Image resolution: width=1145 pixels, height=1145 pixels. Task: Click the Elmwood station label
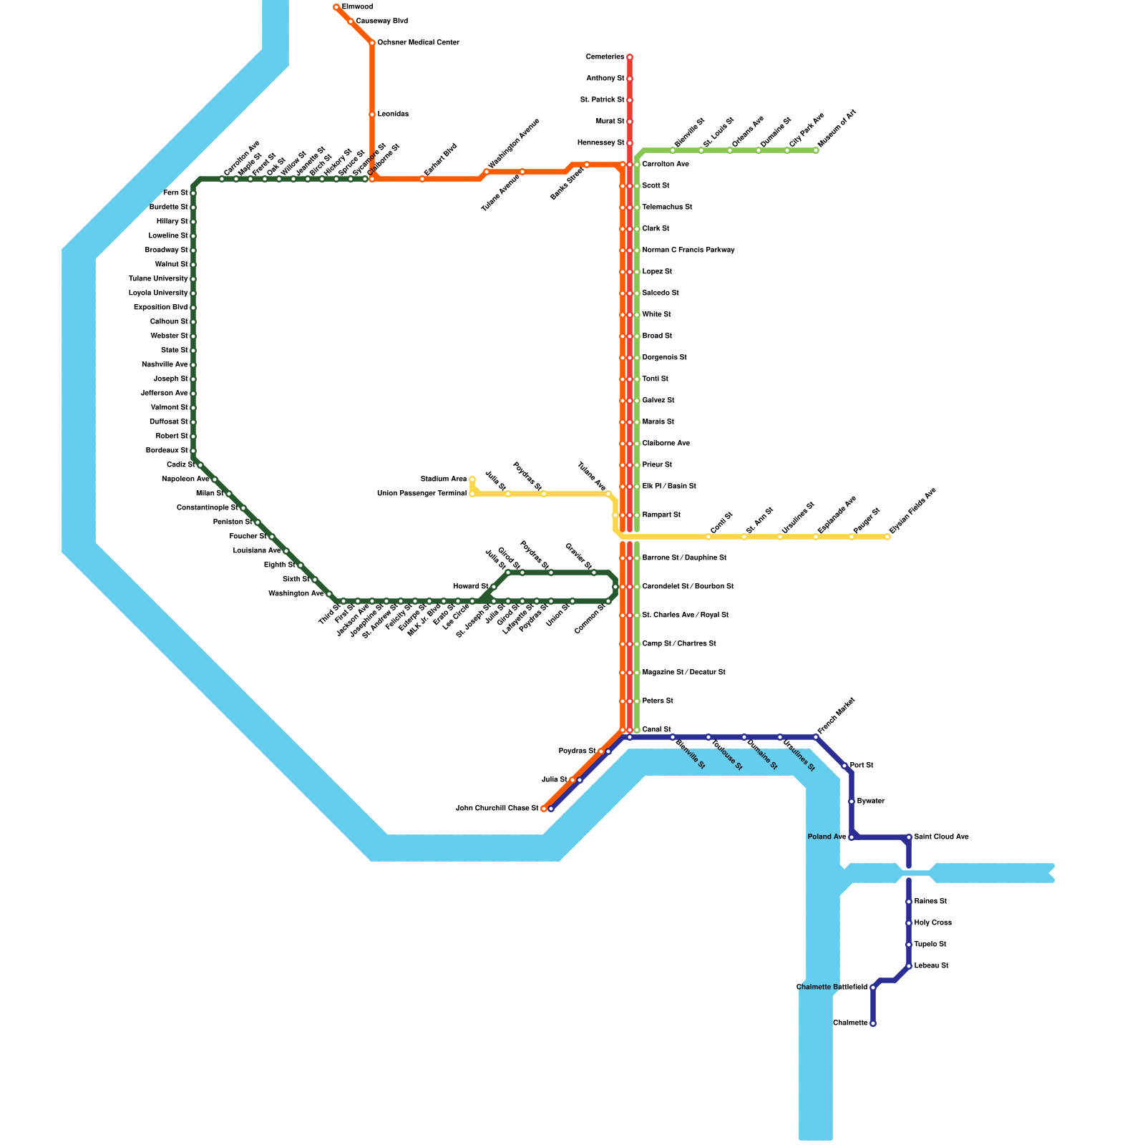click(x=357, y=7)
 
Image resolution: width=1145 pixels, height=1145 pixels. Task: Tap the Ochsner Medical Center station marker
click(x=372, y=43)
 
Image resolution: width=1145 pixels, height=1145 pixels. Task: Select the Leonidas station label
click(x=393, y=114)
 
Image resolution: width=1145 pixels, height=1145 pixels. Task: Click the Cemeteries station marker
click(x=630, y=57)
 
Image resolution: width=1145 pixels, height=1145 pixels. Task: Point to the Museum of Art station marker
click(x=816, y=150)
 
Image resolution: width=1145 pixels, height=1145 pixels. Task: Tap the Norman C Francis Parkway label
click(x=688, y=250)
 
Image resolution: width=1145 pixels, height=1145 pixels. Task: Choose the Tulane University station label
click(x=158, y=279)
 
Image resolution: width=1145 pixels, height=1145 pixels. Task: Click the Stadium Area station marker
click(x=472, y=479)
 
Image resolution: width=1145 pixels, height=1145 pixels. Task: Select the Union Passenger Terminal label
click(x=422, y=494)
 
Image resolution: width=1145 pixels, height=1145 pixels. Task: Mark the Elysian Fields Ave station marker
click(x=887, y=537)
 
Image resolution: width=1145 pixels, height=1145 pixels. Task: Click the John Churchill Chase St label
click(x=497, y=809)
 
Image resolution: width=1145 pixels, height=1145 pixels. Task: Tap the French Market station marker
click(x=816, y=737)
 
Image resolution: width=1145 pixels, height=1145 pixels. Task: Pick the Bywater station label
click(x=870, y=801)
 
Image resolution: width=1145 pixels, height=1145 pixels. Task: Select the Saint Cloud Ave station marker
click(x=909, y=837)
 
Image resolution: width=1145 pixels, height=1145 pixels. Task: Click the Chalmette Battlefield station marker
click(x=873, y=988)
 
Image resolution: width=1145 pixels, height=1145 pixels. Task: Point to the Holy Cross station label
click(x=932, y=923)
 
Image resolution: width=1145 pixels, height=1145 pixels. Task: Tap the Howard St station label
click(x=470, y=587)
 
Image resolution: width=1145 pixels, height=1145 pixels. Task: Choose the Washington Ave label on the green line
click(x=296, y=594)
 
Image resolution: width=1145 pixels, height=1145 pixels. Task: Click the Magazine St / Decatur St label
click(x=683, y=673)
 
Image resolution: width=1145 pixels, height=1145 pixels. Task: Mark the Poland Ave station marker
click(x=852, y=837)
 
